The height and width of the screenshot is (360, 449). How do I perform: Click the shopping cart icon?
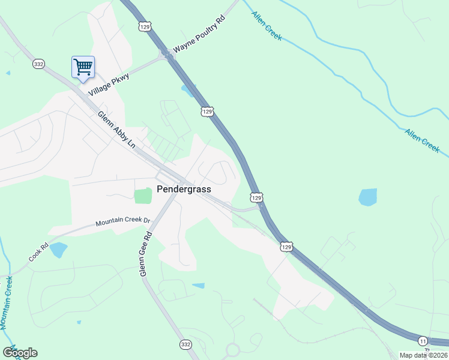click(x=83, y=67)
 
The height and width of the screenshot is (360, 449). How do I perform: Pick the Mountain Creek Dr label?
click(x=122, y=222)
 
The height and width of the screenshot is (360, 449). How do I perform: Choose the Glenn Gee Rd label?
click(x=144, y=254)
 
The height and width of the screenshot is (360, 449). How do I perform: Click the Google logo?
click(x=20, y=353)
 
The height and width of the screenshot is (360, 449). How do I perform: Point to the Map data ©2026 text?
click(x=423, y=355)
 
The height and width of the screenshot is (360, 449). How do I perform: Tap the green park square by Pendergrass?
click(x=143, y=196)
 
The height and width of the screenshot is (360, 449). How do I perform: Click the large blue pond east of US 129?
click(x=367, y=197)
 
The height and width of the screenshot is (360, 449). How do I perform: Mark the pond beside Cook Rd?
click(x=58, y=250)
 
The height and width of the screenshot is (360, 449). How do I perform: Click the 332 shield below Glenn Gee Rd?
click(x=185, y=344)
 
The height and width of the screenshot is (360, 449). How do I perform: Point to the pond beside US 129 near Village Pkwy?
click(x=188, y=90)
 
